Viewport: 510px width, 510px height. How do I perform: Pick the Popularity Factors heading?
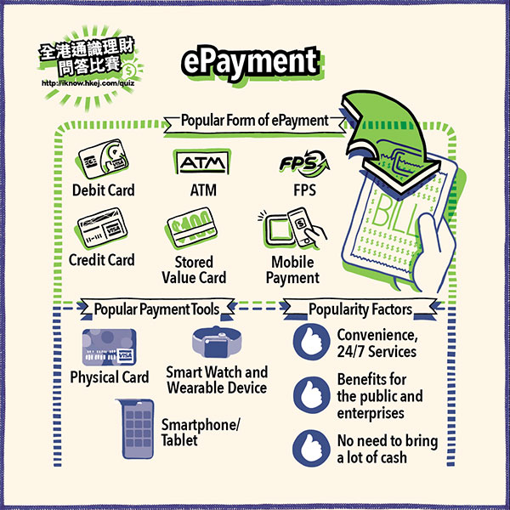pos(360,308)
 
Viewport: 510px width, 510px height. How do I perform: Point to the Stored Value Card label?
pos(194,269)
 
